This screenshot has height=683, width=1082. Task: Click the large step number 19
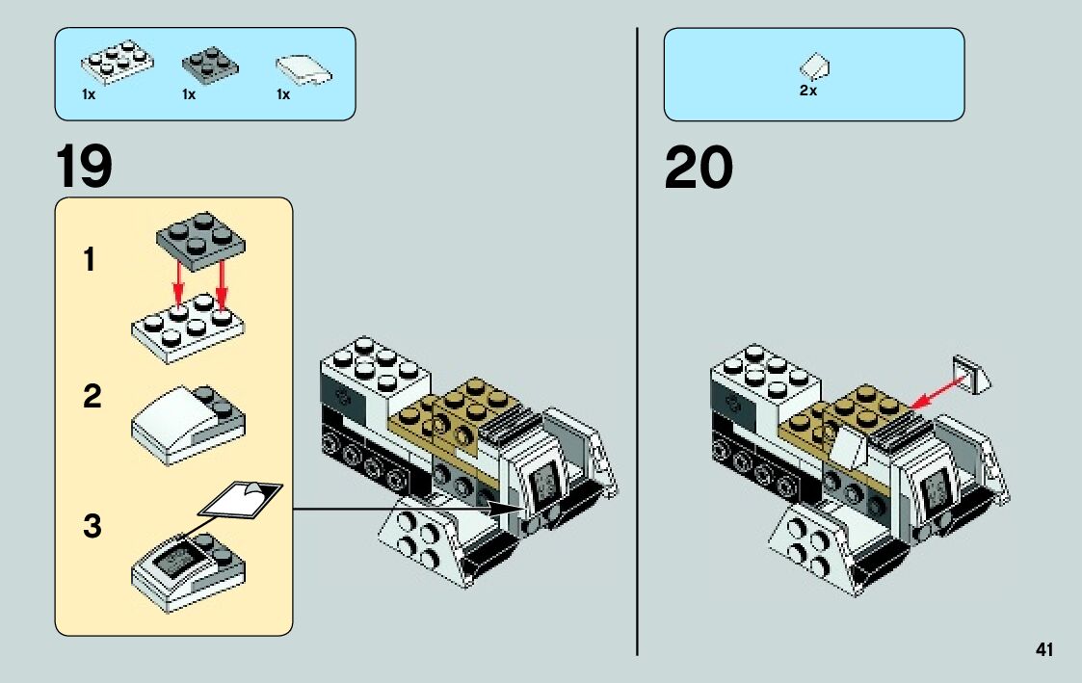(x=84, y=167)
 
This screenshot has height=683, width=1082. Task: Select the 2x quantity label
(x=807, y=92)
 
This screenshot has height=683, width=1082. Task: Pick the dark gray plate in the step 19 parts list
(x=210, y=65)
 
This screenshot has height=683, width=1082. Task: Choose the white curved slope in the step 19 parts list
(x=303, y=68)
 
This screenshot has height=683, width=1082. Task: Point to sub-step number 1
(x=90, y=260)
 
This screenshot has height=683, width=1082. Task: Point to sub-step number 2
(x=92, y=396)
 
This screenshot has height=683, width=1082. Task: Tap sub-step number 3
(x=92, y=527)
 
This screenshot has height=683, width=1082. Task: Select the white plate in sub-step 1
(x=187, y=328)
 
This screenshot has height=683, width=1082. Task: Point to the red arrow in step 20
(x=938, y=391)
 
